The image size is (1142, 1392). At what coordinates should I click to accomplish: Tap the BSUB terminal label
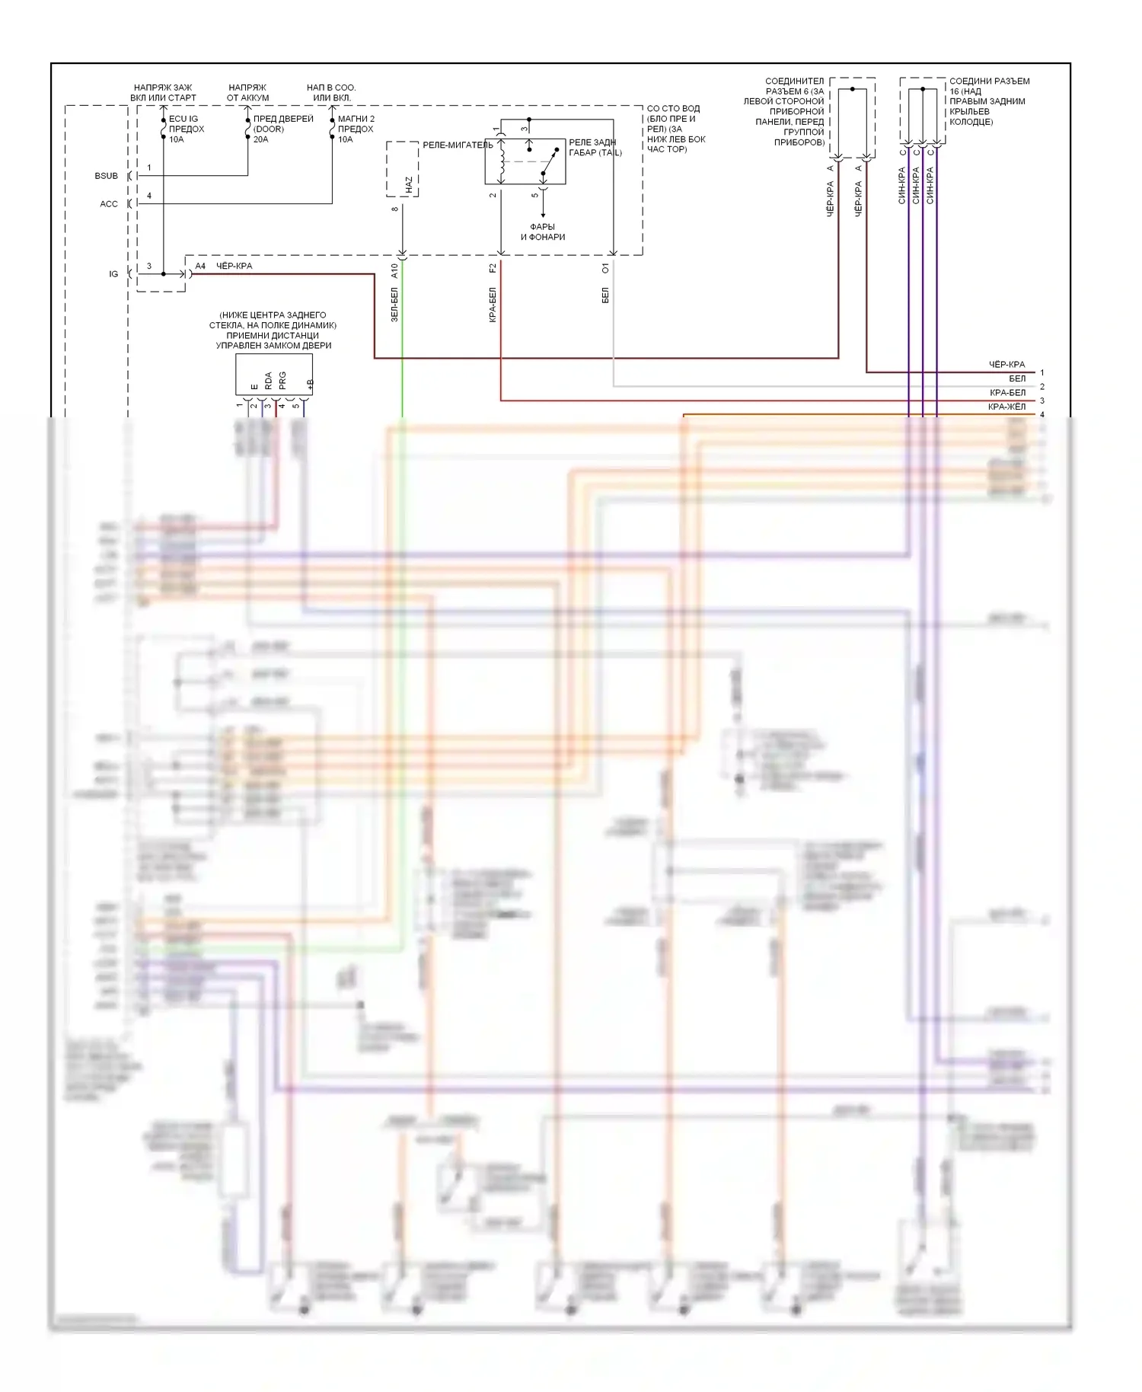[107, 176]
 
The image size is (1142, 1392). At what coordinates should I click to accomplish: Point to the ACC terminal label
[109, 204]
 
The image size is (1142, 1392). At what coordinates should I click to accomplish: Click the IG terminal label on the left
[113, 274]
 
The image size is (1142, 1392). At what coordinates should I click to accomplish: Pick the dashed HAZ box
[402, 170]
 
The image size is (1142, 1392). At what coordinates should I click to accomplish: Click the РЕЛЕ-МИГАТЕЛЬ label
[458, 145]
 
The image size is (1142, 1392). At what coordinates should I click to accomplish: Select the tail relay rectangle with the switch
[525, 161]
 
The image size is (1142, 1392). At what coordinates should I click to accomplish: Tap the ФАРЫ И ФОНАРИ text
[543, 231]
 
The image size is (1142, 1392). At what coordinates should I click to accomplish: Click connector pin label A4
[200, 266]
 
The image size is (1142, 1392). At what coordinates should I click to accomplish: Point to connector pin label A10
[394, 270]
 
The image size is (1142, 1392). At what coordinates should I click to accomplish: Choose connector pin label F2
[493, 268]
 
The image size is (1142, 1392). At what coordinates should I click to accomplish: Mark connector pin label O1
[605, 268]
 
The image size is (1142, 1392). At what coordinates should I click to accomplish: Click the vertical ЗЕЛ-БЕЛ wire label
[394, 305]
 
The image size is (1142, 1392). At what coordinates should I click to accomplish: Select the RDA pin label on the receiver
[268, 381]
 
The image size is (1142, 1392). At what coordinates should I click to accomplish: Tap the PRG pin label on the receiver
[282, 381]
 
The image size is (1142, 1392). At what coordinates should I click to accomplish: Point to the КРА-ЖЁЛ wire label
[1006, 407]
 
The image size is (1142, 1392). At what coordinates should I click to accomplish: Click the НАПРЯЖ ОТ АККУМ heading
[247, 92]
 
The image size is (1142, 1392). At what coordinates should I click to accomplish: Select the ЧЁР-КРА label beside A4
[234, 266]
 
